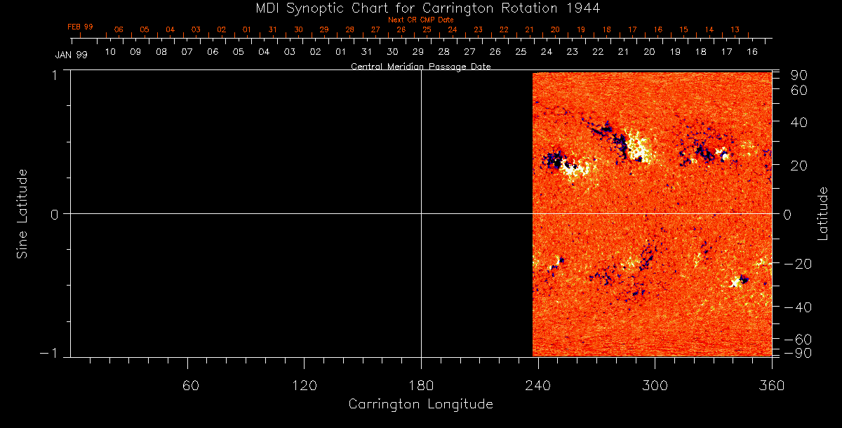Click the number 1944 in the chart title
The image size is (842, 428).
click(584, 8)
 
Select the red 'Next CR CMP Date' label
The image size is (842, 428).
click(421, 20)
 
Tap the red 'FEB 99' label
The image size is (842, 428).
click(80, 27)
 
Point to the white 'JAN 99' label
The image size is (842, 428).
click(71, 55)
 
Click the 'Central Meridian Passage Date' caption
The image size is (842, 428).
click(420, 67)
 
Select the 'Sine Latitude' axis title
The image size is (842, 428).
click(22, 213)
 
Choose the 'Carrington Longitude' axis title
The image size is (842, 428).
click(420, 404)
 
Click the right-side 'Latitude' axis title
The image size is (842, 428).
click(823, 213)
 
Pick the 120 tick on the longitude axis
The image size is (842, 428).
click(304, 385)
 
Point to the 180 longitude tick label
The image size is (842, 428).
click(421, 385)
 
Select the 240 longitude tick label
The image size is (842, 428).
click(538, 385)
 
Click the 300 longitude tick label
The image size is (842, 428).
click(655, 385)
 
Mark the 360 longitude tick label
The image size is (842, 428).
click(772, 385)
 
